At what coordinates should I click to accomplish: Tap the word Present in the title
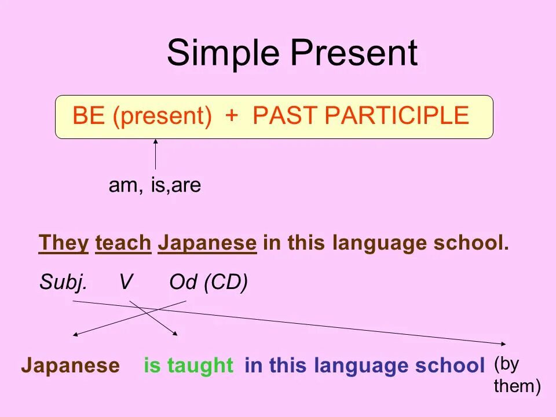(x=354, y=53)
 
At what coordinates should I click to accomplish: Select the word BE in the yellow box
(x=88, y=115)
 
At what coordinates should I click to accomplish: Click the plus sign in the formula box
(x=231, y=116)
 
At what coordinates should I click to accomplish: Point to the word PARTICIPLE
(x=397, y=115)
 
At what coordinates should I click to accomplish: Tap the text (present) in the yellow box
(x=162, y=116)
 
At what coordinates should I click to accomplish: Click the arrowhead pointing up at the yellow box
(x=155, y=142)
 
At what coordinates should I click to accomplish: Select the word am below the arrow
(x=126, y=185)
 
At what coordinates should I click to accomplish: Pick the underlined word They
(x=64, y=244)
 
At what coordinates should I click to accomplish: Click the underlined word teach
(x=123, y=243)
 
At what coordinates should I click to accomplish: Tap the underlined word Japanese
(x=207, y=244)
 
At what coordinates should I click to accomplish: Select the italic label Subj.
(x=63, y=283)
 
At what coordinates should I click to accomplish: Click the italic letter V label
(x=126, y=282)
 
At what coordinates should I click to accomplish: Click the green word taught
(x=200, y=365)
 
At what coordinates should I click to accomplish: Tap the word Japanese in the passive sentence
(x=71, y=366)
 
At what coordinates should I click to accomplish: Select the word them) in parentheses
(x=517, y=386)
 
